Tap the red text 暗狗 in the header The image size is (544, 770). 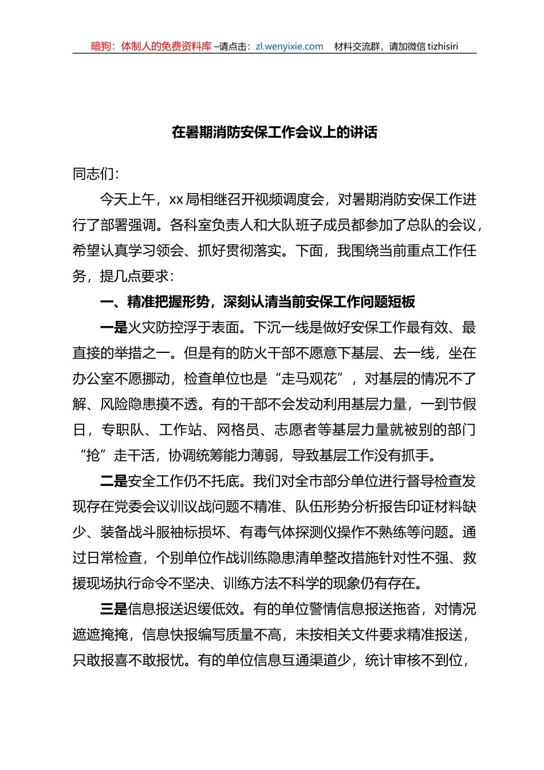pos(101,46)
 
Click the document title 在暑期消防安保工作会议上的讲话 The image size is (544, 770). pos(274,133)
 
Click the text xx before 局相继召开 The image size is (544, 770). pos(176,200)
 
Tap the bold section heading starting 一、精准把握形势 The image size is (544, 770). pos(257,302)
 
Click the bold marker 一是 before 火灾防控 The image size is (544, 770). pos(113,328)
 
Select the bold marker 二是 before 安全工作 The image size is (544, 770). pos(113,481)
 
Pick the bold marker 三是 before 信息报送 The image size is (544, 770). pos(113,609)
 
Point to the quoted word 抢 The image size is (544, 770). pos(92,455)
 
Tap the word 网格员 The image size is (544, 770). pos(238,430)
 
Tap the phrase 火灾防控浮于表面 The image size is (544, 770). pos(183,328)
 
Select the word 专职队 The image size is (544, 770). pos(121,430)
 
